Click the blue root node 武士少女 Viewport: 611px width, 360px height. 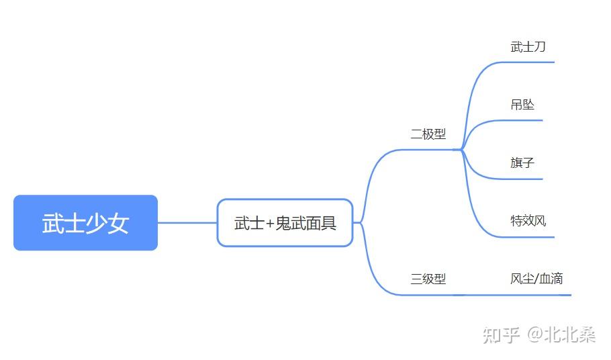tap(85, 223)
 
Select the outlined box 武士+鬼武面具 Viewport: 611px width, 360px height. tap(285, 223)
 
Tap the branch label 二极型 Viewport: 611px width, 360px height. tap(428, 134)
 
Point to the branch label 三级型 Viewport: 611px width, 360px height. tap(428, 278)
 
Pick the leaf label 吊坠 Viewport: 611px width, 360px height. tap(522, 104)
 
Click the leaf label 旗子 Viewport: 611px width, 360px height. tap(522, 162)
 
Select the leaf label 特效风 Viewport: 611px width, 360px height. tap(528, 220)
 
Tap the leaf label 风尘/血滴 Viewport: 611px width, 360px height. tap(536, 278)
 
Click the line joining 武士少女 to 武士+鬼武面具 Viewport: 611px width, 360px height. tap(187, 223)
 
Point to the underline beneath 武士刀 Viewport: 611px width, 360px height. tap(527, 62)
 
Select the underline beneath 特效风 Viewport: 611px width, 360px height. tap(527, 237)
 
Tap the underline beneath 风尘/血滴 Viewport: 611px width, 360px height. tap(537, 295)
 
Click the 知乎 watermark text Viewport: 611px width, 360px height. tap(502, 334)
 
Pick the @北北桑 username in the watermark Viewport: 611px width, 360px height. tap(561, 334)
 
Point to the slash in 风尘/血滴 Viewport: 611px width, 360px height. tap(536, 278)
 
